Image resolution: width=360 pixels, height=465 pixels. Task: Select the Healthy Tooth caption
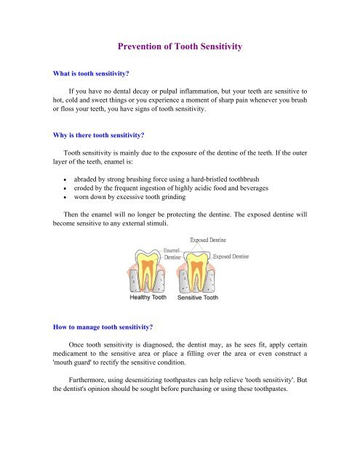(147, 298)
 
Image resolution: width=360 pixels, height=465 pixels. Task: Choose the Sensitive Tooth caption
(199, 298)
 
